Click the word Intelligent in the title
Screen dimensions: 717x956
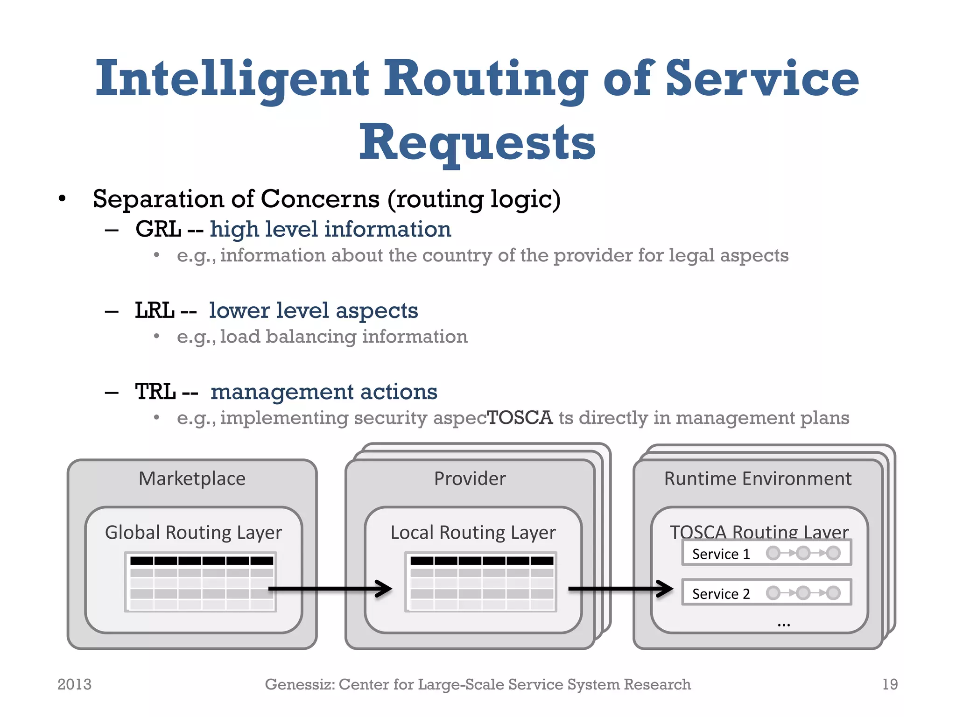[x=232, y=79]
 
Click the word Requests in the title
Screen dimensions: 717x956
[x=477, y=142]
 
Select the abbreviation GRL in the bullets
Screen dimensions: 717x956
[x=158, y=229]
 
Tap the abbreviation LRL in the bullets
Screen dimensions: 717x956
[x=155, y=310]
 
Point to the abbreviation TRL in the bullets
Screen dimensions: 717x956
[x=155, y=392]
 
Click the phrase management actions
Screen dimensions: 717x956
[x=323, y=392]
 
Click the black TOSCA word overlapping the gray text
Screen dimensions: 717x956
[x=520, y=417]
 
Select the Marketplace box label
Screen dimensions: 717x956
[x=192, y=478]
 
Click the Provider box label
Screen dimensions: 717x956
[x=470, y=478]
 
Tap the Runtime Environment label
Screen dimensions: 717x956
[x=758, y=478]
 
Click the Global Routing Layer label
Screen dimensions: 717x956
[x=193, y=533]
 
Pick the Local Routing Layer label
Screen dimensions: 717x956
[x=473, y=533]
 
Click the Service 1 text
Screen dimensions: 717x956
[x=721, y=554]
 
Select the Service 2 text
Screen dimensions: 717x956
[x=721, y=594]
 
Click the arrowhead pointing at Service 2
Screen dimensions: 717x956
[x=665, y=589]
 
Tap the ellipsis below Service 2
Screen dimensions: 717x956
[x=784, y=624]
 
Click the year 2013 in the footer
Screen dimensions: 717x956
[x=74, y=684]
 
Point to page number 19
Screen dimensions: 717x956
[x=890, y=684]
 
